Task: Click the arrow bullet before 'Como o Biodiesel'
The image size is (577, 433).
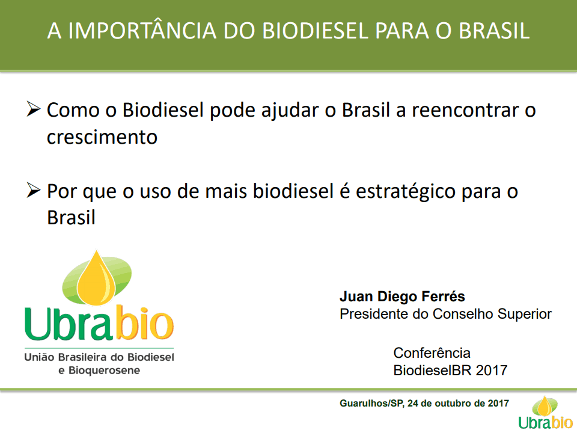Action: point(33,109)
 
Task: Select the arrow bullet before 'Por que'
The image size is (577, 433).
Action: point(33,191)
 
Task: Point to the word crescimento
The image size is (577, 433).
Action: point(102,137)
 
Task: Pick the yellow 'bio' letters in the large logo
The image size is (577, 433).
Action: point(145,323)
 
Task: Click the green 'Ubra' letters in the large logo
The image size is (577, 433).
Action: point(68,324)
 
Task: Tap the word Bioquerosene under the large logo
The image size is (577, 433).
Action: point(104,370)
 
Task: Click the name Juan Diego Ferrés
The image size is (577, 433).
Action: point(402,296)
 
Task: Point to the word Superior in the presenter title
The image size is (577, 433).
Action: point(524,314)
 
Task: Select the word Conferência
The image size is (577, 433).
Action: point(432,353)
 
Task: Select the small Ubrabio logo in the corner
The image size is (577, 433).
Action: point(545,413)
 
